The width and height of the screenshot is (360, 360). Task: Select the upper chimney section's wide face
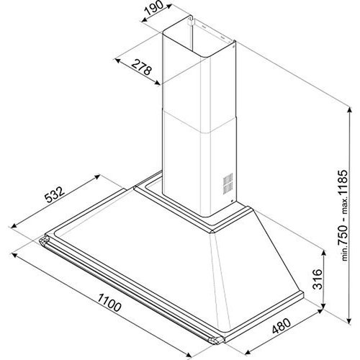tap(183, 79)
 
